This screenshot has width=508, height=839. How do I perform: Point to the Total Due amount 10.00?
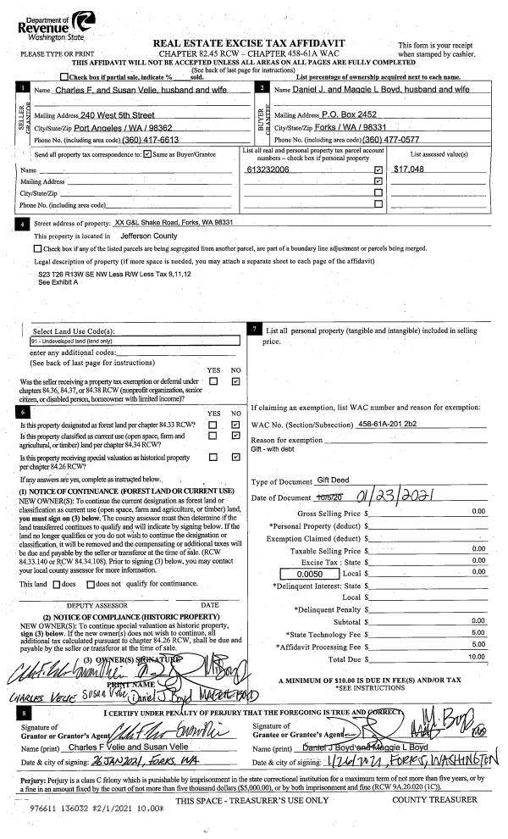477,657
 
